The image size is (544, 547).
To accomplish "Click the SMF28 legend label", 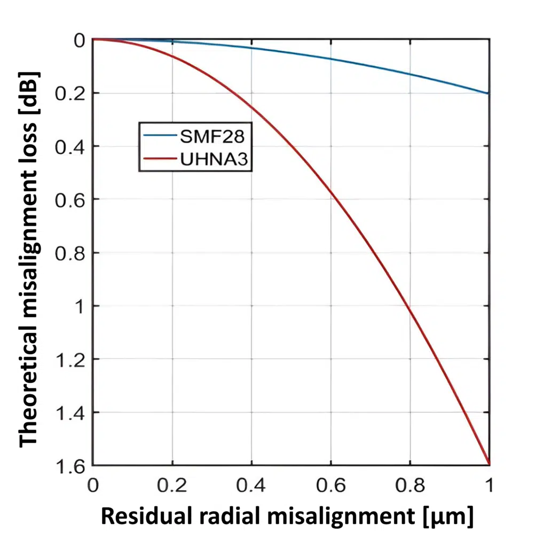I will click(212, 136).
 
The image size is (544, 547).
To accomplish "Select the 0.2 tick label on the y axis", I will click(71, 93).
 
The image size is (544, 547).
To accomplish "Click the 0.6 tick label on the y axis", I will click(71, 200).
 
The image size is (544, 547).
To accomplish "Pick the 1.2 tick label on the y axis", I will click(71, 360).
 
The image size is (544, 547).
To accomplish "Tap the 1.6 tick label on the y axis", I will click(71, 466).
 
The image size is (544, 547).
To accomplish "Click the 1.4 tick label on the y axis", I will click(71, 412).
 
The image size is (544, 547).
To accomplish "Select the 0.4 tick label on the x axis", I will click(251, 486).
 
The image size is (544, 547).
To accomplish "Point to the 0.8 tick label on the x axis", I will click(410, 486).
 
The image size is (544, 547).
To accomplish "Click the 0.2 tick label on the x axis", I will click(172, 486).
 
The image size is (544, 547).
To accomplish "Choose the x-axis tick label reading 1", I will click(489, 486).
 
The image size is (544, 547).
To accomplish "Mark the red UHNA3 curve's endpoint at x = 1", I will click(489, 463).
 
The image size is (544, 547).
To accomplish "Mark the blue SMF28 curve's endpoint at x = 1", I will click(489, 93).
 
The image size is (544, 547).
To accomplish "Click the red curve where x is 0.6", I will click(330, 191).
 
